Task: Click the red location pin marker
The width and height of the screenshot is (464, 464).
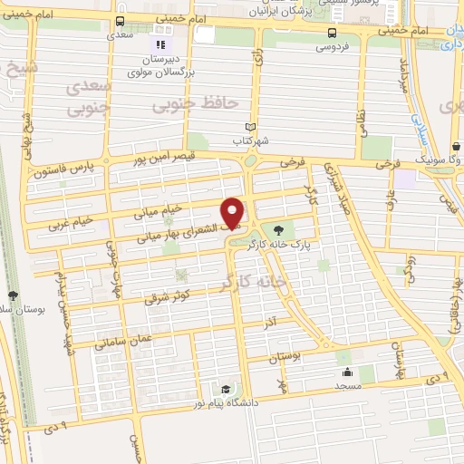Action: coord(234,211)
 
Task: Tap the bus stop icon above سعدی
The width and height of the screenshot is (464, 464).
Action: coord(121,22)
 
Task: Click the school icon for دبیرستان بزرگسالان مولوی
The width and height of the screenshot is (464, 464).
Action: coord(160,43)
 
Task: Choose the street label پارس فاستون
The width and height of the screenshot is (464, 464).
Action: coord(66,169)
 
